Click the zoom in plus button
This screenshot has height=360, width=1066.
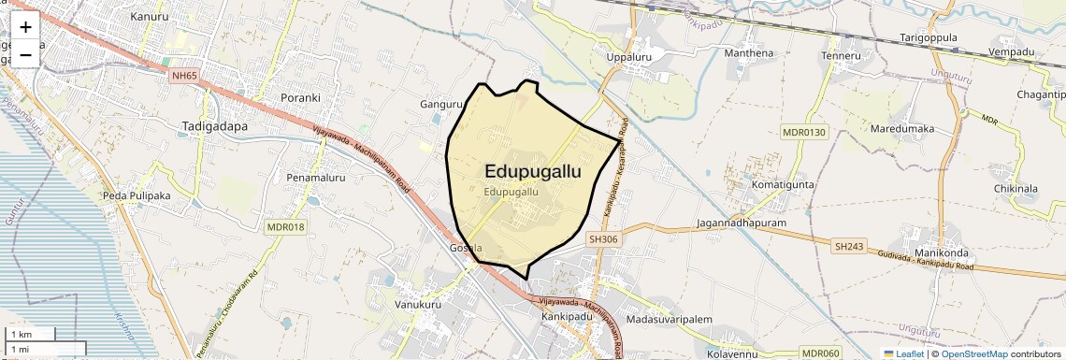coord(25,27)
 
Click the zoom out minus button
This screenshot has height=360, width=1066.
coord(25,54)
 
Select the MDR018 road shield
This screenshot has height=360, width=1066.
coord(286,227)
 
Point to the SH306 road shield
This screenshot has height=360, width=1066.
coord(603,239)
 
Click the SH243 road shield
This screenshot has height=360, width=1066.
coord(850,246)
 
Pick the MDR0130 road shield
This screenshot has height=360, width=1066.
coord(805,132)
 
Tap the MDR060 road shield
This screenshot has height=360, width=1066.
coord(821,353)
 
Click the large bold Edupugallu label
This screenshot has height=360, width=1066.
coord(533,171)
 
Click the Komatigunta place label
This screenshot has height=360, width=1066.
coord(783,185)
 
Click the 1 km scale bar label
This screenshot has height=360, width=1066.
coord(22,334)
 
